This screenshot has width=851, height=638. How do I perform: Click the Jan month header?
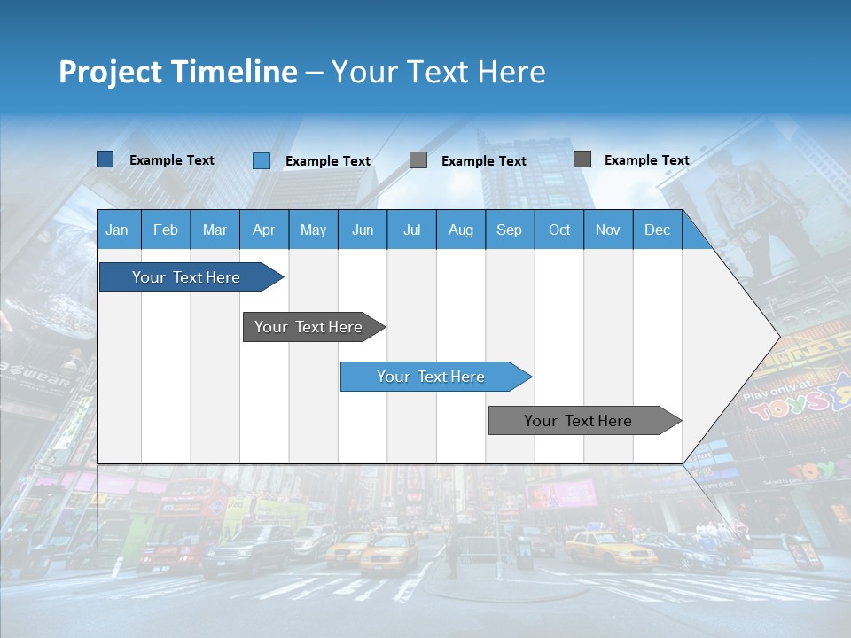point(117,230)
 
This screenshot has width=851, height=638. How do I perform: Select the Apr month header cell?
point(264,230)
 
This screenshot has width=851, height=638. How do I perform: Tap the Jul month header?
point(411,230)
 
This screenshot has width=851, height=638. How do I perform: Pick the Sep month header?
point(509,230)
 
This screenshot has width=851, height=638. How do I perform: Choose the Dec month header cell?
point(657,230)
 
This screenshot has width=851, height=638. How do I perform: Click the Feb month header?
point(166,230)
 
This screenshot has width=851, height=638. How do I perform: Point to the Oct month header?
point(559,230)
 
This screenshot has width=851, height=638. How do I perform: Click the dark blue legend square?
point(105,159)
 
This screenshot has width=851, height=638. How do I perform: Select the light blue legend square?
point(262,160)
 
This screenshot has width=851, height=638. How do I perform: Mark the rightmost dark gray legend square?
point(582,159)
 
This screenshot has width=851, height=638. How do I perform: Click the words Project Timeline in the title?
point(178,72)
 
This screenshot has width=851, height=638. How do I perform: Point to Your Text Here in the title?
point(438,72)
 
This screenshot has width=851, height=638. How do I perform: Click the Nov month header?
point(608,230)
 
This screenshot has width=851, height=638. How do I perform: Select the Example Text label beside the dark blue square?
point(172,160)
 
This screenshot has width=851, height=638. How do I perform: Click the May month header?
point(313,230)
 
